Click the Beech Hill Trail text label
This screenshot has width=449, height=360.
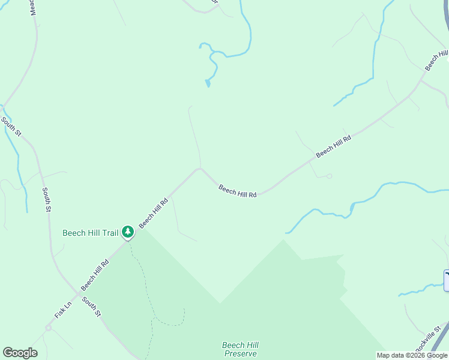91,233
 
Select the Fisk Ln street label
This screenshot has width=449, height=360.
63,310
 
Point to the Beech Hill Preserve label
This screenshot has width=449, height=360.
240,349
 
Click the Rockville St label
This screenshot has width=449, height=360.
430,339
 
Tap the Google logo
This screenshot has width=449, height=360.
20,353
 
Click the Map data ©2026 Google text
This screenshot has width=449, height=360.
412,355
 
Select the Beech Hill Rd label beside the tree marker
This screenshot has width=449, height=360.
153,212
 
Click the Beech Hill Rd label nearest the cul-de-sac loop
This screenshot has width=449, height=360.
333,146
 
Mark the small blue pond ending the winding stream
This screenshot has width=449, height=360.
208,83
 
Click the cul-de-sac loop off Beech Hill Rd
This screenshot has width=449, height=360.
329,176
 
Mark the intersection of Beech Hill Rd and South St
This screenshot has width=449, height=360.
77,294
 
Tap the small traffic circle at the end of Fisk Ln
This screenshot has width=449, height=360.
48,328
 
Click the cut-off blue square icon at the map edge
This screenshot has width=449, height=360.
446,280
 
